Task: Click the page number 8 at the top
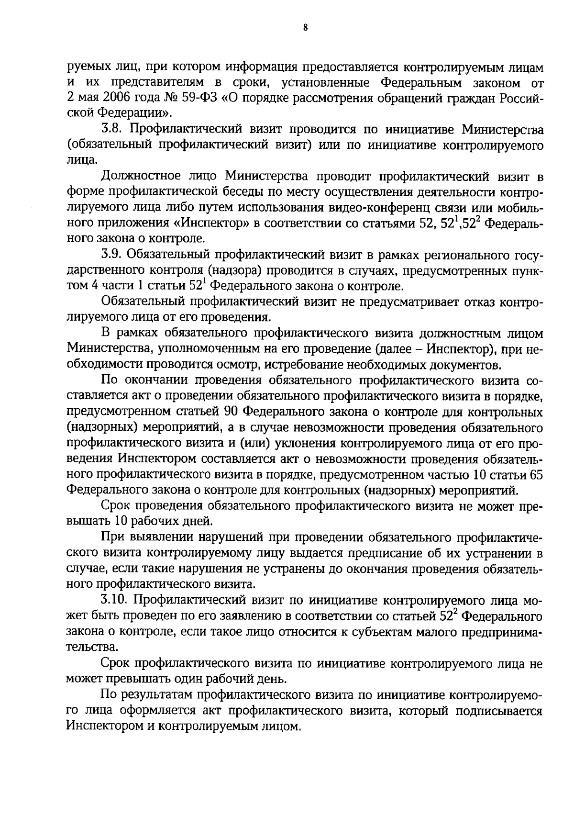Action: tap(305, 28)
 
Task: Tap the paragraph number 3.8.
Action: tap(112, 130)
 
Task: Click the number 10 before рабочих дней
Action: tap(121, 521)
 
